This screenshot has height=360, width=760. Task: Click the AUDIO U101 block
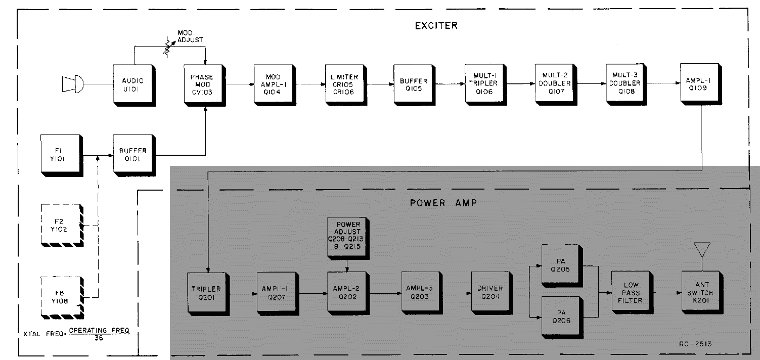132,84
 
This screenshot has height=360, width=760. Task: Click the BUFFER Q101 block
132,154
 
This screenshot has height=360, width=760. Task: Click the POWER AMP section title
440,204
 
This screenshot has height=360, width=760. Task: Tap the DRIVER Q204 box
489,292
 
